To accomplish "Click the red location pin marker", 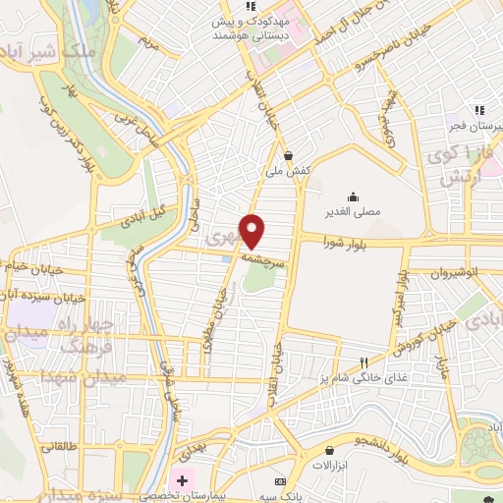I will (254, 231).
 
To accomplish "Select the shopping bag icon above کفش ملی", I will (287, 155).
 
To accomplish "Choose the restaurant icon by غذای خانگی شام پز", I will (364, 362).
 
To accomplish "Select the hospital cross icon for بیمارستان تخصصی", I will (180, 480).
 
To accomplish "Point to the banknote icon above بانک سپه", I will (281, 480).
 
